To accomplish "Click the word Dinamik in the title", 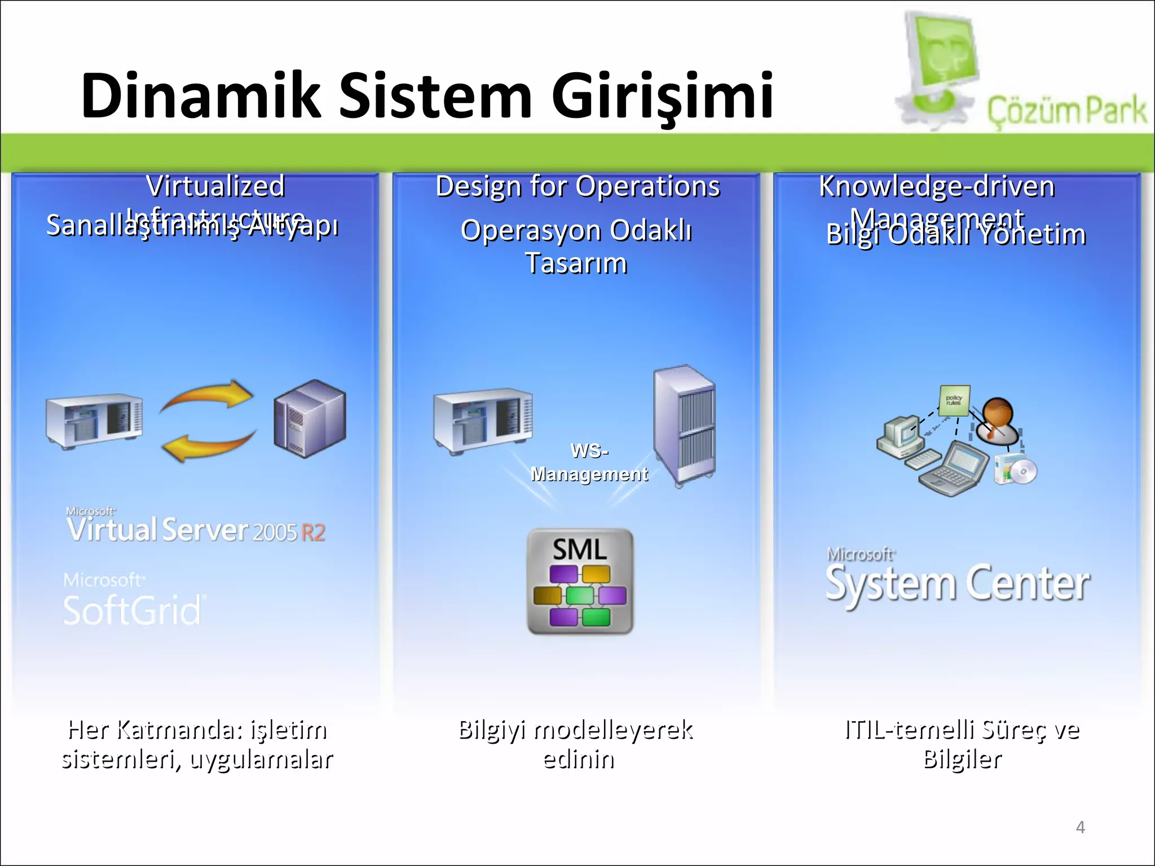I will pyautogui.click(x=201, y=96).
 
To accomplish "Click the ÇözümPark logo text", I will pyautogui.click(x=1066, y=111).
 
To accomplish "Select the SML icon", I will pyautogui.click(x=580, y=581).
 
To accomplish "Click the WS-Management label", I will pyautogui.click(x=589, y=463).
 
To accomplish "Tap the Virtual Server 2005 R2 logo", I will pyautogui.click(x=195, y=528).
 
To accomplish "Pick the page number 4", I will pyautogui.click(x=1080, y=827).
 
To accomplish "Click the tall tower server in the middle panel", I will pyautogui.click(x=685, y=426).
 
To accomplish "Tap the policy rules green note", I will pyautogui.click(x=954, y=400).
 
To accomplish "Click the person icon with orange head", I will pyautogui.click(x=999, y=420).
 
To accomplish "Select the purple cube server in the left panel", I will pyautogui.click(x=310, y=418).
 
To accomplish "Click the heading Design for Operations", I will pyautogui.click(x=577, y=187).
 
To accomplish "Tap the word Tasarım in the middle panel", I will pyautogui.click(x=576, y=263).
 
